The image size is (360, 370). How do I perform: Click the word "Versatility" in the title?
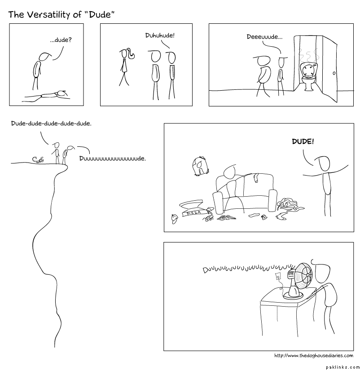coord(49,15)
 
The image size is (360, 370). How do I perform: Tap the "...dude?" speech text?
coord(61,40)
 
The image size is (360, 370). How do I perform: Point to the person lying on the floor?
coord(46,96)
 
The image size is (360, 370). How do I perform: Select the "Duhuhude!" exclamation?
coord(160,35)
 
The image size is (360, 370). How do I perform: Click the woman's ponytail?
coord(131,54)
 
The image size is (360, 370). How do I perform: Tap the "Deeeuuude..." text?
coord(264,37)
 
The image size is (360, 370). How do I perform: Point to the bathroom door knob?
coord(334,73)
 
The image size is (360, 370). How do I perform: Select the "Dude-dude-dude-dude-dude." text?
coord(51,123)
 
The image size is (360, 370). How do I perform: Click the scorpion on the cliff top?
coord(39,159)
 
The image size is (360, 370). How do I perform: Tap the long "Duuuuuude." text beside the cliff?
coord(113,159)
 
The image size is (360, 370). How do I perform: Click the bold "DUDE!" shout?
coord(303,141)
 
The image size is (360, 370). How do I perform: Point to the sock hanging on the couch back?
coord(256,177)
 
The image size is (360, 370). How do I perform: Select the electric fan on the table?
coord(299,281)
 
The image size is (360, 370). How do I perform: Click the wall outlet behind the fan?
coord(278,276)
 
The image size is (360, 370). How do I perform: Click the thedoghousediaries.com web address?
coord(314,356)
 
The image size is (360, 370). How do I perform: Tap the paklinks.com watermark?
coord(343,367)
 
